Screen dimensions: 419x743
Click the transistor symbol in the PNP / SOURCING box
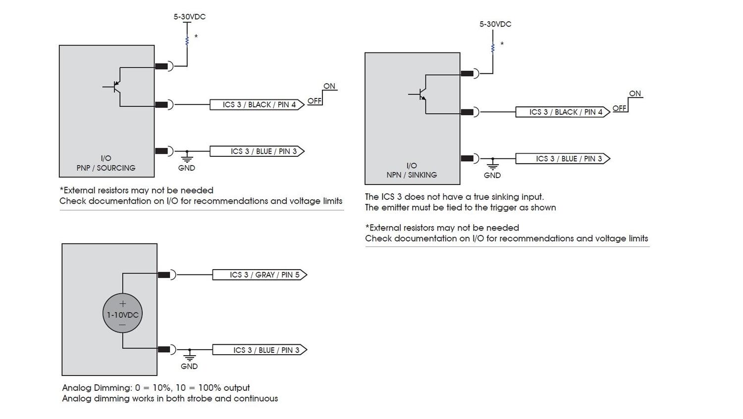(115, 87)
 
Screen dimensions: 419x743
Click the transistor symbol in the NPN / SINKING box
(421, 94)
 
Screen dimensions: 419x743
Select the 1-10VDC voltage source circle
(122, 314)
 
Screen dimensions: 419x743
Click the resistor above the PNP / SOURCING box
(187, 41)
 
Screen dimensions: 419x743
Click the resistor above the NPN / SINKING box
(493, 48)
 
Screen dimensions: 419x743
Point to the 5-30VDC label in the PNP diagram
(189, 17)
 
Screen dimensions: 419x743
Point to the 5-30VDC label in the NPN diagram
(495, 24)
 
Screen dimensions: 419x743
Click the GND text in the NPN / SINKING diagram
(492, 175)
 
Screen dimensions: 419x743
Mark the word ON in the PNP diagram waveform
(329, 86)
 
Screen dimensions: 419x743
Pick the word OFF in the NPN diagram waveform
(620, 108)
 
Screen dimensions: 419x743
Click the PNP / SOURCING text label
(106, 168)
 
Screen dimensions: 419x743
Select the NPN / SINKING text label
(412, 175)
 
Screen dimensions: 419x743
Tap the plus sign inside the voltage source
(123, 304)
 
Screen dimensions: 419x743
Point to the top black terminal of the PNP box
(161, 66)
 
